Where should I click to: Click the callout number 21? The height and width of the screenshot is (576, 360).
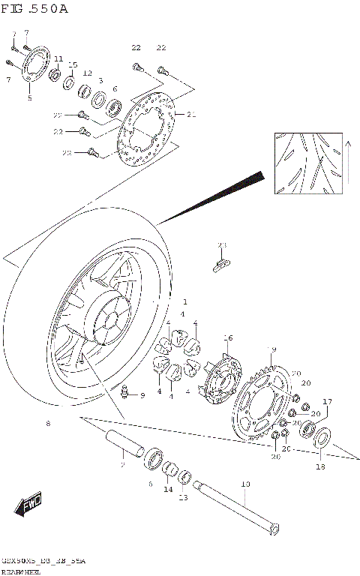(191, 115)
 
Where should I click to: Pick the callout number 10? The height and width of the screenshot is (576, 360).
(245, 484)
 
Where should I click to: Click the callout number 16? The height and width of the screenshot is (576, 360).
(228, 337)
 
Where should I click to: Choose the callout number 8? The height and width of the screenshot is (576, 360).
(48, 424)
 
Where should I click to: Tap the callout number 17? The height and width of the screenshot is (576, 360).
(327, 401)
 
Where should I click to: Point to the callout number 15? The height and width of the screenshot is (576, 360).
(73, 64)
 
